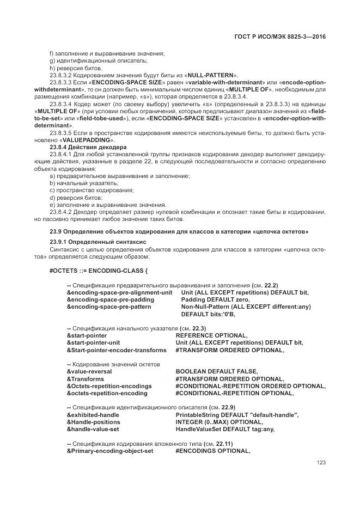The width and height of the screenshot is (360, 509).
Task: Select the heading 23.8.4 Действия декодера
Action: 88,148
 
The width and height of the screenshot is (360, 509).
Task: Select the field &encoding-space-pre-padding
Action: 110,299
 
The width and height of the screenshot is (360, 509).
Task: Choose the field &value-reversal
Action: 89,371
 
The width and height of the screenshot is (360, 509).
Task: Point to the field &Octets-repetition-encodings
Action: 109,386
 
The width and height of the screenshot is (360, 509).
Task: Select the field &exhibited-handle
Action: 93,415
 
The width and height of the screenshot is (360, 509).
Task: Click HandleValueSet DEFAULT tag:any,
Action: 217,429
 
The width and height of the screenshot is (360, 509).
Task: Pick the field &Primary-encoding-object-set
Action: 110,451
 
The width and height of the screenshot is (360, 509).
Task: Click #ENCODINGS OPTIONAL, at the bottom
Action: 212,451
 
